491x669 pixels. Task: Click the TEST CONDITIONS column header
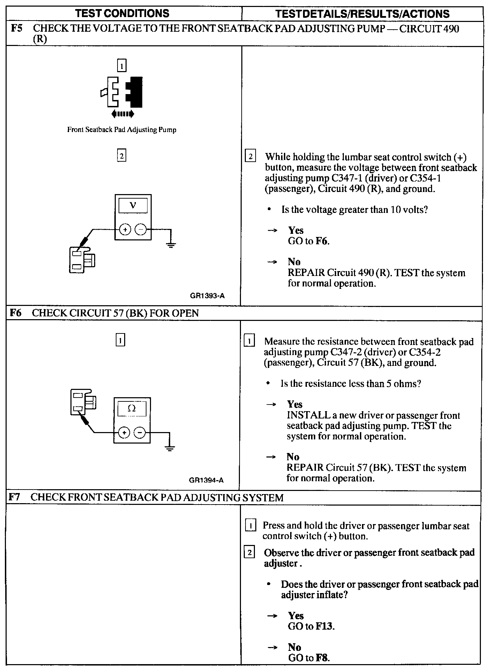pyautogui.click(x=122, y=14)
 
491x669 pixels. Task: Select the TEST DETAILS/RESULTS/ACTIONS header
pyautogui.click(x=362, y=14)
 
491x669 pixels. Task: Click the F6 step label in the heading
pyautogui.click(x=15, y=313)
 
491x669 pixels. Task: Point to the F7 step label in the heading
pyautogui.click(x=14, y=497)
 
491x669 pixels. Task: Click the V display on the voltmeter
pyautogui.click(x=133, y=205)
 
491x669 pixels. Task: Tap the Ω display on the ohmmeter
pyautogui.click(x=131, y=408)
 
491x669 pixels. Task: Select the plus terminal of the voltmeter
pyautogui.click(x=124, y=230)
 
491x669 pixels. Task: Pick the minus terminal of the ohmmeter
pyautogui.click(x=139, y=433)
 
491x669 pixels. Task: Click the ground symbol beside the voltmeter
pyautogui.click(x=171, y=245)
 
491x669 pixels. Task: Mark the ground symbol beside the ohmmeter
pyautogui.click(x=170, y=448)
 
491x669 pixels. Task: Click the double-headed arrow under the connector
pyautogui.click(x=122, y=114)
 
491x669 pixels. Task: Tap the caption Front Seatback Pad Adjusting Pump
pyautogui.click(x=122, y=130)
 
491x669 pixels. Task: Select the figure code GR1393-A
pyautogui.click(x=207, y=296)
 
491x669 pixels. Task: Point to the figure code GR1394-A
pyautogui.click(x=206, y=480)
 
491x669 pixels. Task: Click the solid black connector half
pyautogui.click(x=135, y=92)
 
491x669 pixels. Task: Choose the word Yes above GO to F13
pyautogui.click(x=296, y=616)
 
